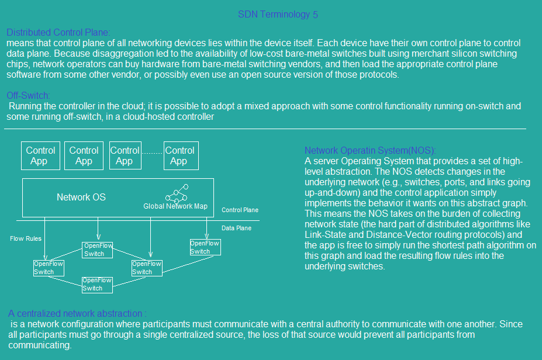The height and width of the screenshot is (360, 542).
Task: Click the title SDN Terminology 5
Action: click(278, 15)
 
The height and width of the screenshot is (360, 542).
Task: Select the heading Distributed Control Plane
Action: click(58, 33)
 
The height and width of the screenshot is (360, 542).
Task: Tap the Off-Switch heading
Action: click(28, 95)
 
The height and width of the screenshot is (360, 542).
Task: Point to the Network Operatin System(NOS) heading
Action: click(370, 150)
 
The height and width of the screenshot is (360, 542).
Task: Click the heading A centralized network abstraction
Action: click(77, 313)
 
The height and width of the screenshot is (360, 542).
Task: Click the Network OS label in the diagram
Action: click(81, 197)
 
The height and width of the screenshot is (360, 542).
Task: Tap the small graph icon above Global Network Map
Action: click(177, 194)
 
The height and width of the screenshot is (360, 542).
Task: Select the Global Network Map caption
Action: click(175, 206)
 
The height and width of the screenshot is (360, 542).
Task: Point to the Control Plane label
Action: click(240, 210)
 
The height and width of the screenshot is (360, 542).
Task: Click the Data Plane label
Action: click(236, 228)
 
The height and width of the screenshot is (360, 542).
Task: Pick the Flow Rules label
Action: click(26, 238)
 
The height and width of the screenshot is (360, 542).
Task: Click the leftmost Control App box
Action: click(40, 155)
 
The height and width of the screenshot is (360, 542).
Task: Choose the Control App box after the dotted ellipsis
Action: click(181, 155)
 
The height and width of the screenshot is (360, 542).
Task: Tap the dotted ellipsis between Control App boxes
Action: click(152, 153)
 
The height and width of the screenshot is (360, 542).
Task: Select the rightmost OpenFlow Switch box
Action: click(205, 247)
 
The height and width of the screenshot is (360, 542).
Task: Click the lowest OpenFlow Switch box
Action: click(97, 285)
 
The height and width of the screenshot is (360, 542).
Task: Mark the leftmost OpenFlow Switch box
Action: click(49, 268)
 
